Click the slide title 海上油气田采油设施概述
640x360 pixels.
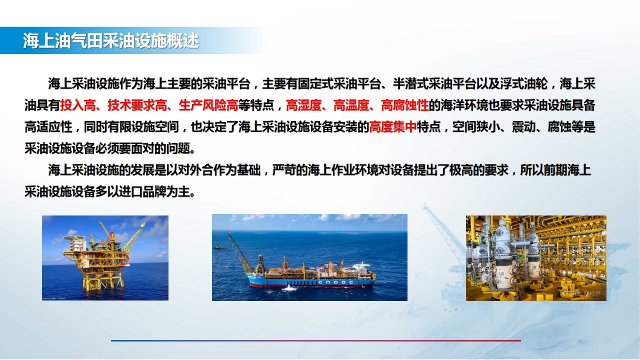coord(111,40)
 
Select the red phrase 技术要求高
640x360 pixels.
coord(137,105)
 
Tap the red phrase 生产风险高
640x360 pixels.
coord(208,105)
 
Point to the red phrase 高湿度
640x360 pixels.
coord(303,105)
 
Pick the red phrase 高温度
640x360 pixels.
coord(351,105)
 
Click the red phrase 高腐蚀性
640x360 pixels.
coord(405,105)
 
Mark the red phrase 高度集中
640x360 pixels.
coord(393,127)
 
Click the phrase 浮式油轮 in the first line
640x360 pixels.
coord(523,83)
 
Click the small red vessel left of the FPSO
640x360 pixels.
coord(220,247)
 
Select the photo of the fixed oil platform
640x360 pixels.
coord(105,258)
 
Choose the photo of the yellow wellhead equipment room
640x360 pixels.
coord(536,258)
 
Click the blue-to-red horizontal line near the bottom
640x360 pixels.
coord(315,340)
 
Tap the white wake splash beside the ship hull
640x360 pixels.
coord(289,288)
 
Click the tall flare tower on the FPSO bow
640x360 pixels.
coord(239,252)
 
